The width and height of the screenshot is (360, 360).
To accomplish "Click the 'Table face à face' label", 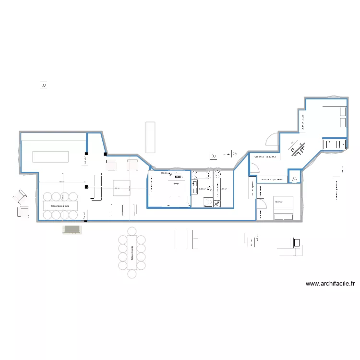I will [x=57, y=205].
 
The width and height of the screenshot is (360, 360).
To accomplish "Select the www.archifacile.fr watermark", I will [x=330, y=284].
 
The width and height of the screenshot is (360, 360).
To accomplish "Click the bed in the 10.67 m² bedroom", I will [x=283, y=208].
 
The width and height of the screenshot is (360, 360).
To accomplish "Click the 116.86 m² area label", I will [x=166, y=173].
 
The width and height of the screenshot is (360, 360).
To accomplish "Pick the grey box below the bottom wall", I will [x=72, y=229].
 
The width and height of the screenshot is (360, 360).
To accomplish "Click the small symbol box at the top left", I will [x=44, y=84].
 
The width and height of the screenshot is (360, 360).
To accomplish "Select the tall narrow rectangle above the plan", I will [x=150, y=137].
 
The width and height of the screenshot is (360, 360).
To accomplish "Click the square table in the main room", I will [x=121, y=188].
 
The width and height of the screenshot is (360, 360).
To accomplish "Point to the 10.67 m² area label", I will [x=278, y=202].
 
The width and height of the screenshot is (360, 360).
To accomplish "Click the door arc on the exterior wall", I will [x=272, y=139].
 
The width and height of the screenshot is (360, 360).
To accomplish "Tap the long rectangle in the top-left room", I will [x=50, y=156].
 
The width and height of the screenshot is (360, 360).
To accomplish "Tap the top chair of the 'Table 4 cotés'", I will [x=132, y=231].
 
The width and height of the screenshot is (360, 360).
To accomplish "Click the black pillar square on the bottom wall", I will [x=85, y=221].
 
